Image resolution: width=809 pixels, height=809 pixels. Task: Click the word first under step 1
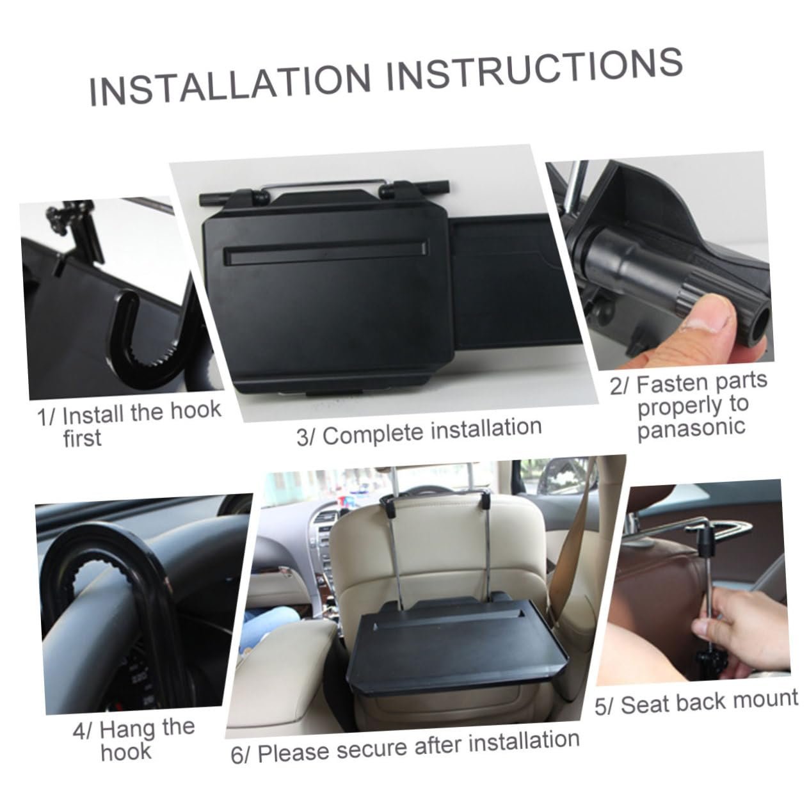pos(83,438)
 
